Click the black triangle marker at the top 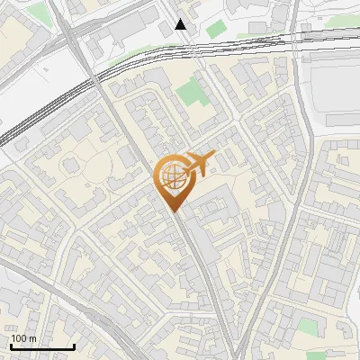point(181,24)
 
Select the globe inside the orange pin point(172,175)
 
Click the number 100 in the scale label point(20,338)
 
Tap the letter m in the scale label point(33,338)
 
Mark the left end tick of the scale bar point(11,346)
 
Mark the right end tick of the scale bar point(74,346)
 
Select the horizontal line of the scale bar point(42,347)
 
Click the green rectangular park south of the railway point(190,91)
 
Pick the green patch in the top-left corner point(39,13)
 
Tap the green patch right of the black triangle point(215,29)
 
